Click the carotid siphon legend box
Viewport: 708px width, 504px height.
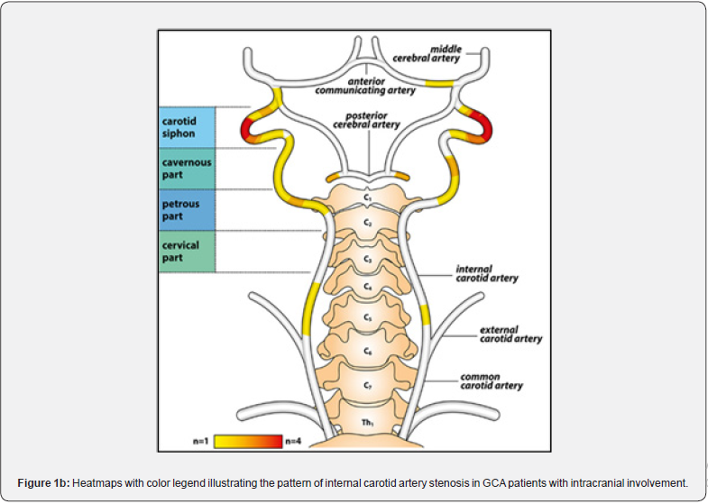pyautogui.click(x=188, y=127)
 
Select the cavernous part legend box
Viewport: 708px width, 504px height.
pyautogui.click(x=188, y=168)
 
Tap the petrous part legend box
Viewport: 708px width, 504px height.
pyautogui.click(x=188, y=210)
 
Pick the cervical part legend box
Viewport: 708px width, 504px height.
pyautogui.click(x=188, y=252)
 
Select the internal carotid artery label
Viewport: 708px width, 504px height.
pyautogui.click(x=487, y=273)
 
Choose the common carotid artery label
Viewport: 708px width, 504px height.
pyautogui.click(x=492, y=381)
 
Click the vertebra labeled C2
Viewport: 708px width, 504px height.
pyautogui.click(x=367, y=221)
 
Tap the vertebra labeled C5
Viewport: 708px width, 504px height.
pyautogui.click(x=367, y=317)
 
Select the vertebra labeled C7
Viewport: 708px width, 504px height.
pyautogui.click(x=367, y=385)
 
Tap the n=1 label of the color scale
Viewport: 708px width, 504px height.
pyautogui.click(x=200, y=441)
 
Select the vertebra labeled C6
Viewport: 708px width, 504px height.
pyautogui.click(x=367, y=350)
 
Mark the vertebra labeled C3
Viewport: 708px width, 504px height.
pyautogui.click(x=367, y=259)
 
